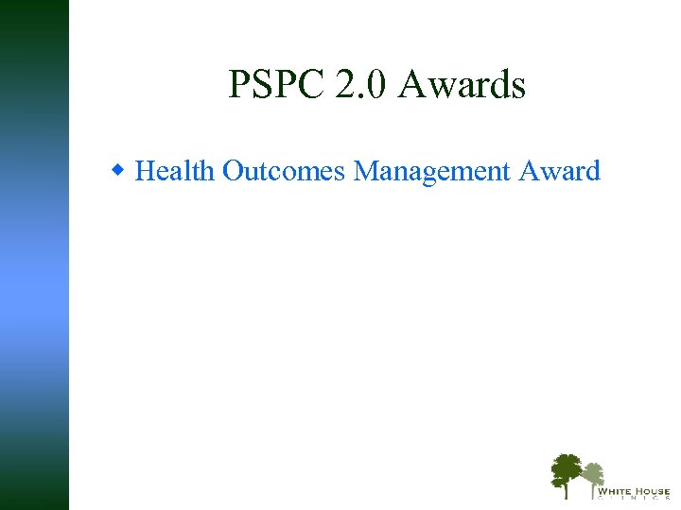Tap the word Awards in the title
coord(462,85)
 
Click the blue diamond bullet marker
coord(118,171)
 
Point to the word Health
coord(176,171)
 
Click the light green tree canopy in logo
coord(592,471)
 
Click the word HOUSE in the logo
coord(653,491)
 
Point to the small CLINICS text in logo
coord(634,500)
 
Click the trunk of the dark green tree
coord(566,489)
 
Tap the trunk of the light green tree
coord(593,491)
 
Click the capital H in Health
coord(145,171)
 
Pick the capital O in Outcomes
coord(232,171)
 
